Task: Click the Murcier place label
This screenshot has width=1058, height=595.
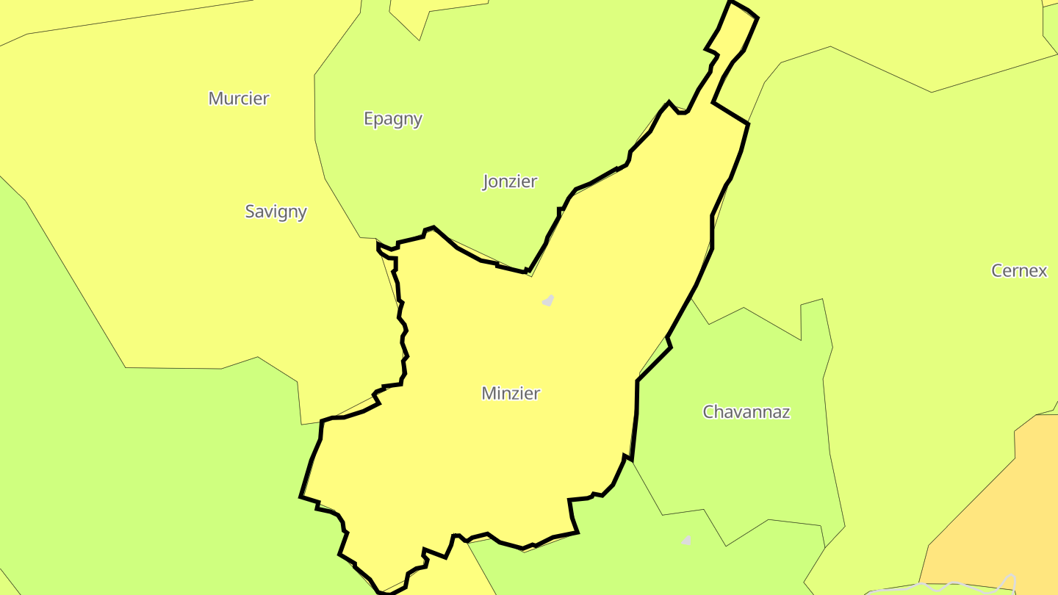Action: [239, 98]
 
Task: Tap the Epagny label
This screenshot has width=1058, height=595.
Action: [393, 119]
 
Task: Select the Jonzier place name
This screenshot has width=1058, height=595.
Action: [510, 181]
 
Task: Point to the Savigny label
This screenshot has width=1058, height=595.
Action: [276, 212]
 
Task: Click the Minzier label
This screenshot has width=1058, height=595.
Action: [511, 394]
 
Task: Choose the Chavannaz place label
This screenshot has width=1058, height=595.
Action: [746, 412]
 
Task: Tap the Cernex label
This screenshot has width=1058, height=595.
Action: [1019, 270]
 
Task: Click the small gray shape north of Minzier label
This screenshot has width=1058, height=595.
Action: [547, 300]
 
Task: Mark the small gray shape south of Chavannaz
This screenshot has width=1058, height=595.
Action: [686, 541]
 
